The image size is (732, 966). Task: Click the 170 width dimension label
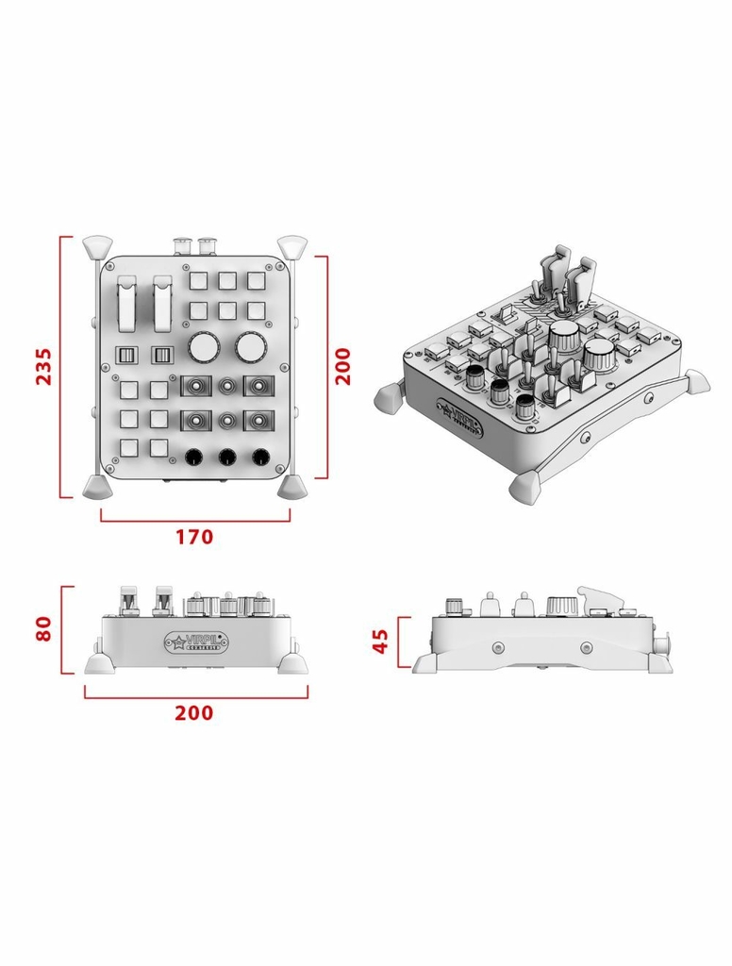pos(194,537)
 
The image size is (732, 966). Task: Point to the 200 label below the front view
pos(194,713)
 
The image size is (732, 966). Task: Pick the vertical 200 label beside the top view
pos(342,365)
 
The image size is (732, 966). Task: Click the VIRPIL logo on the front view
pos(193,642)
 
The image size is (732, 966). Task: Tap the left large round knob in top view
pos(204,348)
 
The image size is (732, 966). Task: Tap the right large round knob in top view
pos(250,348)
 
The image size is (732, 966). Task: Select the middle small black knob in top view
pos(226,458)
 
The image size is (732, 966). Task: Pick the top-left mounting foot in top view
pos(96,247)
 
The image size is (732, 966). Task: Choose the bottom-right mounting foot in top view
pos(291,487)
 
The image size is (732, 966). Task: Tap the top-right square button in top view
pos(257,280)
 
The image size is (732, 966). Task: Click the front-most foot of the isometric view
pos(524,487)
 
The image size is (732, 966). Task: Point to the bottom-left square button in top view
pos(129,448)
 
